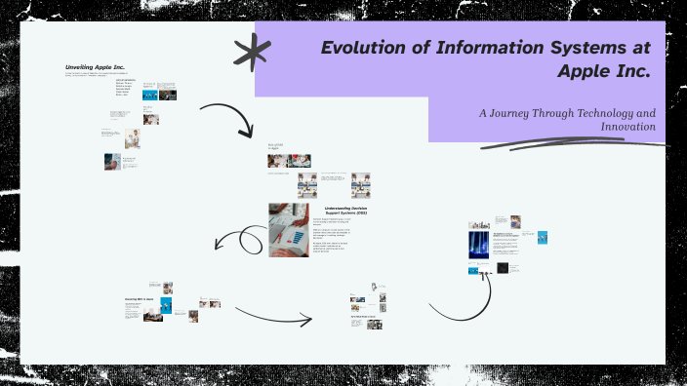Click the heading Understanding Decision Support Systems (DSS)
345,211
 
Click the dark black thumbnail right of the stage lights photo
503,268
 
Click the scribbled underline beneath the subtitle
576,144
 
